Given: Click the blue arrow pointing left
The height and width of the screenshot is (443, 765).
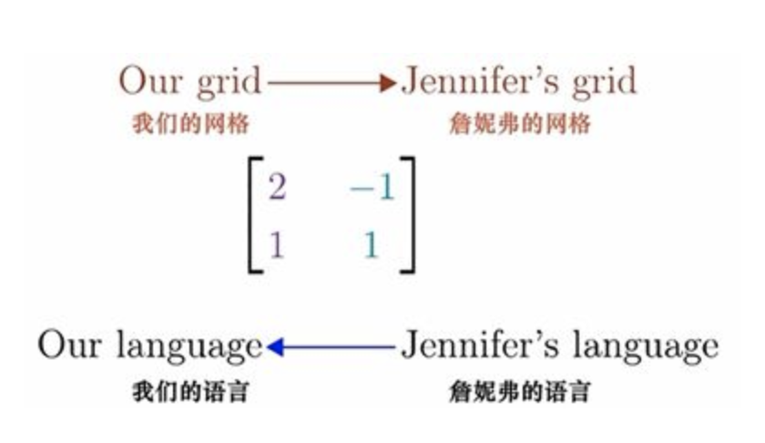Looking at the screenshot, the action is click(333, 346).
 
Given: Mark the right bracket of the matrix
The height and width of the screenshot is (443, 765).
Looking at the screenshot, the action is click(407, 215).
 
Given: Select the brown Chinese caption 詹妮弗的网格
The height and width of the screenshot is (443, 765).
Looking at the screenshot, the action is click(520, 124).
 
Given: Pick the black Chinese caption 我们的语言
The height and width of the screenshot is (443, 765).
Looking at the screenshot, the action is click(190, 393).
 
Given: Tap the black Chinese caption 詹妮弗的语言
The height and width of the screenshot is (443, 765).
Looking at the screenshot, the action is click(520, 393).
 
